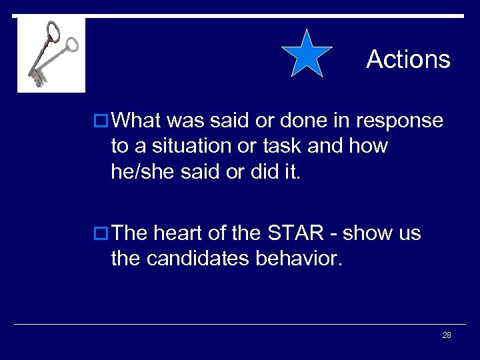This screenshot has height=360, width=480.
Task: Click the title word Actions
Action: click(408, 59)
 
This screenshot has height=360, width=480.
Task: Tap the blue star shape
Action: click(307, 54)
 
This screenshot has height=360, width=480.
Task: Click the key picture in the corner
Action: click(51, 55)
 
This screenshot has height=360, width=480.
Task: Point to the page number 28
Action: click(447, 335)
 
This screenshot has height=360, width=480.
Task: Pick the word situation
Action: click(189, 146)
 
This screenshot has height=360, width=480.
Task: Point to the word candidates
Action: click(200, 259)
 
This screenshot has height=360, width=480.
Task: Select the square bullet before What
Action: click(102, 121)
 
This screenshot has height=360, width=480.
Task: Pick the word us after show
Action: click(409, 233)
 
